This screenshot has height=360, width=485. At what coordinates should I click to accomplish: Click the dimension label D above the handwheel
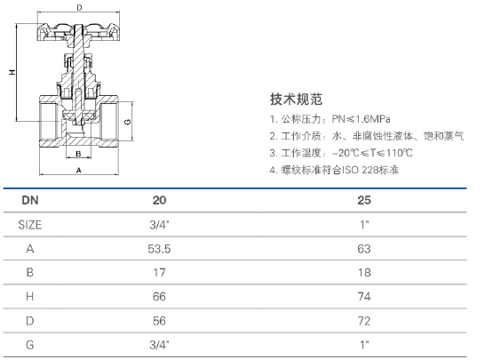79,7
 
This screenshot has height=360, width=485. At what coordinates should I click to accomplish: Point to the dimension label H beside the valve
12,72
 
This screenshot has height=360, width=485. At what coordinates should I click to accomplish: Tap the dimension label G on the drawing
127,122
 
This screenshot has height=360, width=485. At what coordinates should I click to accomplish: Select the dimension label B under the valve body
78,154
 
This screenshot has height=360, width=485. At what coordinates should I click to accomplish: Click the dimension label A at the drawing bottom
78,171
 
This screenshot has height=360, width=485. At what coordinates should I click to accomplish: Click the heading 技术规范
296,99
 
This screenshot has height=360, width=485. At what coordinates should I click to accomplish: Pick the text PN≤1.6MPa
361,119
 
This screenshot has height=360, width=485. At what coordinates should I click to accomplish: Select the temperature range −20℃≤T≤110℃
372,153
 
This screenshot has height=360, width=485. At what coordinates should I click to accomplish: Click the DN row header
30,200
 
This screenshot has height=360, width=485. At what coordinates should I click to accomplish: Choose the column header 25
364,200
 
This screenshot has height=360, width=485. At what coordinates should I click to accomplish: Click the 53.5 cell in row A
159,249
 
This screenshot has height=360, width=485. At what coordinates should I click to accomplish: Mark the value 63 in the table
364,249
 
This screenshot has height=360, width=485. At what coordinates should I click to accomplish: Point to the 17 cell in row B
159,273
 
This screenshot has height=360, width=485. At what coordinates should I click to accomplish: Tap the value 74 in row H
364,297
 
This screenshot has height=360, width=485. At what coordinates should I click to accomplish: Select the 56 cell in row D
159,321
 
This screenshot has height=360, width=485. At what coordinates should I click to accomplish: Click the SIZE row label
29,225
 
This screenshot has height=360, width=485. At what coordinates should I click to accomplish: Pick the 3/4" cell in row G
159,345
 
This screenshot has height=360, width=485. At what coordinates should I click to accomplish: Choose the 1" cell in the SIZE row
364,225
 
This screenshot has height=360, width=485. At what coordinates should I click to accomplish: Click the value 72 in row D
364,321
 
